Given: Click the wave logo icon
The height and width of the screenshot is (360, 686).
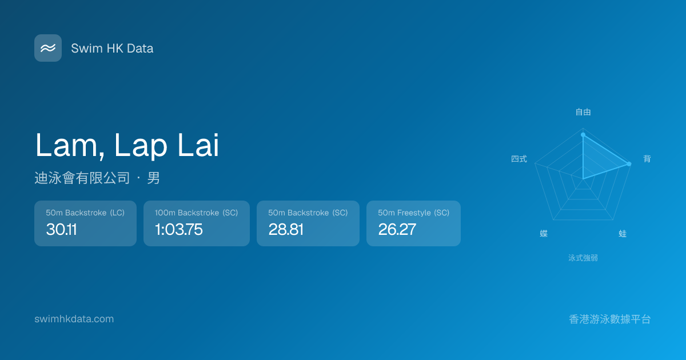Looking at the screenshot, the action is (x=48, y=48).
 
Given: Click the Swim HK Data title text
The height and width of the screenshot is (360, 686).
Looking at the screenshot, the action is (x=112, y=49).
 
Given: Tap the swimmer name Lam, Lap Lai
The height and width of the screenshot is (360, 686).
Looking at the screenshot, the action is (x=127, y=145).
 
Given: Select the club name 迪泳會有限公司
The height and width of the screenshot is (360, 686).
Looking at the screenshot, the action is (x=82, y=178).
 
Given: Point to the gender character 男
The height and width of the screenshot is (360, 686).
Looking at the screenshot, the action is (x=153, y=178).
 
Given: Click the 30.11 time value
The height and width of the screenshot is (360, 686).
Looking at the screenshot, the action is (x=61, y=229).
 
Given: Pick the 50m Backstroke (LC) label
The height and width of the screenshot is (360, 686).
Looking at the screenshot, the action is (x=85, y=213).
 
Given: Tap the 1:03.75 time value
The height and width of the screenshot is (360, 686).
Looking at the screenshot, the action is (x=179, y=229).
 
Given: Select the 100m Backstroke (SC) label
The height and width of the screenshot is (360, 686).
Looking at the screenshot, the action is (x=196, y=213).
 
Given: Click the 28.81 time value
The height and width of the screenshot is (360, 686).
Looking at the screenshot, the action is (x=286, y=229).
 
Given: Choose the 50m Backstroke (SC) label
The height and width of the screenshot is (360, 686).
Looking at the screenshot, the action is (x=308, y=213).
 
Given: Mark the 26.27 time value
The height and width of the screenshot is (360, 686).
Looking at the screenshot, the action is (x=397, y=229).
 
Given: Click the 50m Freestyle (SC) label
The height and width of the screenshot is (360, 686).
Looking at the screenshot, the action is (x=413, y=213).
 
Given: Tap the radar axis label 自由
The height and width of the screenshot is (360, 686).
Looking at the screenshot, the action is (x=583, y=112).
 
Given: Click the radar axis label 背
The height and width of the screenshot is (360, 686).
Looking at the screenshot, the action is (x=647, y=159).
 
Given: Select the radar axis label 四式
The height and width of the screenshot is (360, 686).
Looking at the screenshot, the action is (x=519, y=159).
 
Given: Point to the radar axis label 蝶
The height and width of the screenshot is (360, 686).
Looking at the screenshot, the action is (x=544, y=234).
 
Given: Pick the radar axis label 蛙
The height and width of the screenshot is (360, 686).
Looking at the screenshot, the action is (x=623, y=234).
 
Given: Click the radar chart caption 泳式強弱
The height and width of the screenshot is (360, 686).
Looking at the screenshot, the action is (x=583, y=258).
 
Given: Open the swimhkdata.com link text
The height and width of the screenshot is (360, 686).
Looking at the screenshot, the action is (x=74, y=319).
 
